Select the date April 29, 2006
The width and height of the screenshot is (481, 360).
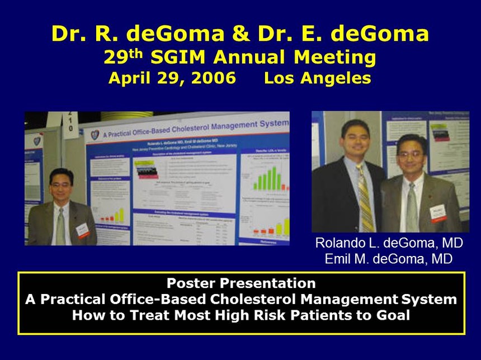172,78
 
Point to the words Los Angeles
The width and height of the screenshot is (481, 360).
318,78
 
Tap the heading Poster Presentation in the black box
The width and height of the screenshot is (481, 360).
240,283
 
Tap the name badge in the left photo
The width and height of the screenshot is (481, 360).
82,230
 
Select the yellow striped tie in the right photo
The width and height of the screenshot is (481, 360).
365,198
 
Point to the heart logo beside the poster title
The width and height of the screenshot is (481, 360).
95,135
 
